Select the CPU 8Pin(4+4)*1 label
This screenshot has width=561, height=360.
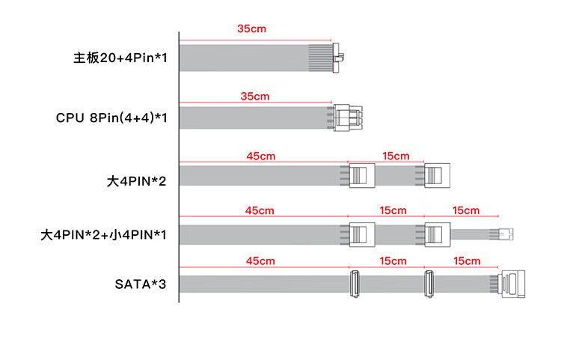click(x=111, y=118)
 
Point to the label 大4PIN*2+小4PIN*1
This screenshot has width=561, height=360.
click(x=103, y=234)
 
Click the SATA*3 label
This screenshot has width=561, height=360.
click(x=141, y=284)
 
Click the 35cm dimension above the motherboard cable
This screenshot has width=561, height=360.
click(x=251, y=28)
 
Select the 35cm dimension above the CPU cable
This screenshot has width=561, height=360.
click(x=255, y=97)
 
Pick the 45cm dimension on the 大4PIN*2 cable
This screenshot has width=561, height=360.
click(x=260, y=156)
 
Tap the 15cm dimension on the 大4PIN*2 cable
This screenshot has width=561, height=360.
click(x=396, y=156)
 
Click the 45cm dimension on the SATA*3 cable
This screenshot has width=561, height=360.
click(x=260, y=261)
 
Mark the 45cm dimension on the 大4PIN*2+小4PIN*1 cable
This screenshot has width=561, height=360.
click(x=260, y=211)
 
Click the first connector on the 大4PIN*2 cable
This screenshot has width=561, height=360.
click(x=362, y=176)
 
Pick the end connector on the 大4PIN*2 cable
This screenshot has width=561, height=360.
click(x=438, y=176)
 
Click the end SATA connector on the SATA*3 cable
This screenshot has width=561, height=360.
click(x=511, y=284)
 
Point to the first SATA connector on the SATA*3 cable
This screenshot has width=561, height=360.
click(x=355, y=284)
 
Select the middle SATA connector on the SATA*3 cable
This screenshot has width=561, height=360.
click(x=431, y=284)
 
